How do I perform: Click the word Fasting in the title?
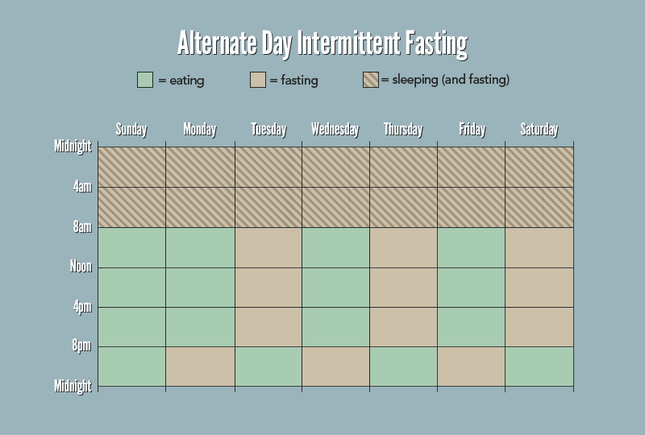pos(436,43)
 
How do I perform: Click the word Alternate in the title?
pos(216,43)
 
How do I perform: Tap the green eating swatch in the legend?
pos(145,80)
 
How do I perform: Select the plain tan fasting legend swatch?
pos(258,80)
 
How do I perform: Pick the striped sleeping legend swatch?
pos(371,80)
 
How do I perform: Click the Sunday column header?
pos(131,130)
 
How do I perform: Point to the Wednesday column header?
pos(335,129)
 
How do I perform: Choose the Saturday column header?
pos(539,130)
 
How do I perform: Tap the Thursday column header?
pos(403,130)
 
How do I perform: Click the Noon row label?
pos(81,267)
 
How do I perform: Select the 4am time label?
pos(82,187)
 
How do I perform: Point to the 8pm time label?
pos(81,346)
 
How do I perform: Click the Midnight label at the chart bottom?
pos(73,386)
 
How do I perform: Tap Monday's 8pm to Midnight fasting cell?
pos(200,367)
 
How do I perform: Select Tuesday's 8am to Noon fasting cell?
pos(268,247)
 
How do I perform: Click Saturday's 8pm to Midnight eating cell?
pos(539,367)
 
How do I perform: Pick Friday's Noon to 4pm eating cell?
pos(472,288)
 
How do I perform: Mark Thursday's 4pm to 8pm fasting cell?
pos(404,327)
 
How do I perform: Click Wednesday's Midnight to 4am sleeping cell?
pos(335,167)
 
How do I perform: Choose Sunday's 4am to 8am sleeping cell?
pos(131,207)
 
